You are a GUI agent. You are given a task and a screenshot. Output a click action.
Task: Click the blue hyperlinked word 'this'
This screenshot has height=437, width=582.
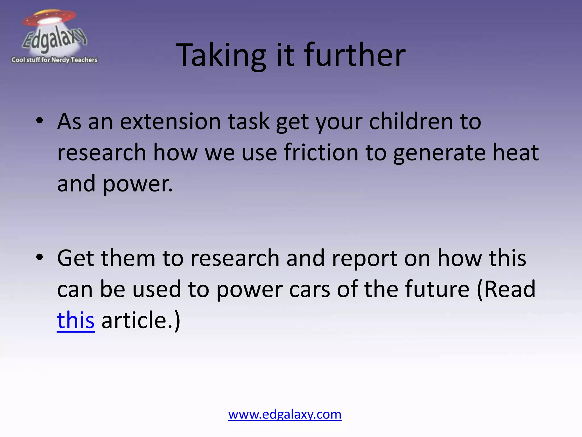click(x=76, y=320)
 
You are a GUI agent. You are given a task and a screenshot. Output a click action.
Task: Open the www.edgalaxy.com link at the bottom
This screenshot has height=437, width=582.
click(x=285, y=414)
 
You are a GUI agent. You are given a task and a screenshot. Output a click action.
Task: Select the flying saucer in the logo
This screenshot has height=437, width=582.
click(x=50, y=18)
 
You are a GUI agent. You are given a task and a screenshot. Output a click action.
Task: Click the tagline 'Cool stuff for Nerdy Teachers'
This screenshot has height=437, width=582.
click(x=54, y=60)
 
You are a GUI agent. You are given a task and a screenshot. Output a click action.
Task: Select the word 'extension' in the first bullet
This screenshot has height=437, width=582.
click(x=170, y=121)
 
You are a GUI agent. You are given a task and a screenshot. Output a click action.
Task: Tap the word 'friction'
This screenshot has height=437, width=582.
click(x=321, y=152)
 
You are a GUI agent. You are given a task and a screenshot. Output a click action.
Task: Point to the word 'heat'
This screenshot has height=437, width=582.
click(x=516, y=152)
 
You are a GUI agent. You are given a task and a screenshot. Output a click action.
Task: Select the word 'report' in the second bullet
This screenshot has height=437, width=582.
click(x=364, y=258)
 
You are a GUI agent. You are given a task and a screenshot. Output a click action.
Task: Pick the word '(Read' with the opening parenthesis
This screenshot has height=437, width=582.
click(x=506, y=289)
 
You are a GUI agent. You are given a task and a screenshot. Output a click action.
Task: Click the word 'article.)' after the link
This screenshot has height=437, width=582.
click(x=141, y=320)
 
